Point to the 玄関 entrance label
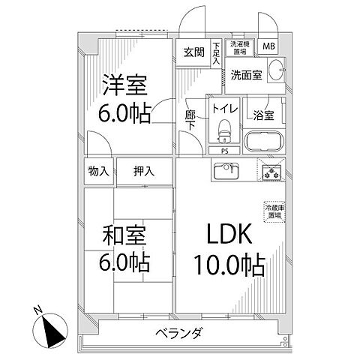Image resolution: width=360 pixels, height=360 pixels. point(193,52)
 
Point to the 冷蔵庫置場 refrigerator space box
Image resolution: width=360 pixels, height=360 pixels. point(273,211)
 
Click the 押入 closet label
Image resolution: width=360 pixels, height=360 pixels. point(145,171)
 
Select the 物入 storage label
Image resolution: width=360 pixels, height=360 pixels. point(98,171)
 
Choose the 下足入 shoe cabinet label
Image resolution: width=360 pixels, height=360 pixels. point(216,52)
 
